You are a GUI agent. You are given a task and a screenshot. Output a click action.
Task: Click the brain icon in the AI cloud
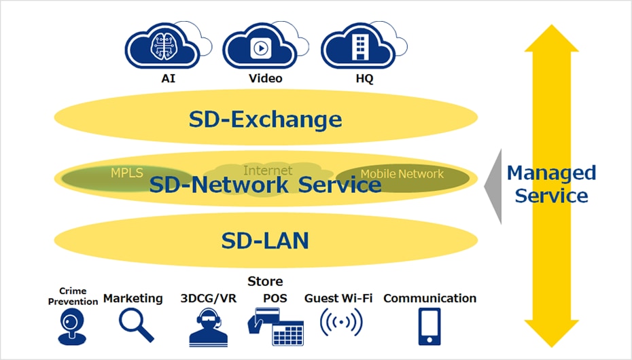click(163, 46)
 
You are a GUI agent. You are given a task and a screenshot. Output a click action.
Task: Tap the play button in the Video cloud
click(261, 48)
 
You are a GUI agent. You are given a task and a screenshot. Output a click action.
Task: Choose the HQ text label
click(364, 78)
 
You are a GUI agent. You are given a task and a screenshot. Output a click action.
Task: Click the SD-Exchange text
click(265, 119)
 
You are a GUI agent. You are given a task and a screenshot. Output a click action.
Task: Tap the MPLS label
click(127, 173)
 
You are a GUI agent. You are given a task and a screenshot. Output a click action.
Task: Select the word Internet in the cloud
click(268, 170)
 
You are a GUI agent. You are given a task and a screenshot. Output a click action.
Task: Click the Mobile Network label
click(402, 174)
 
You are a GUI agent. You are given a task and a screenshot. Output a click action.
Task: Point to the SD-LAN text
click(265, 241)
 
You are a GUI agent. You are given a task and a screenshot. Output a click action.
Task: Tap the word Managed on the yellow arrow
click(551, 173)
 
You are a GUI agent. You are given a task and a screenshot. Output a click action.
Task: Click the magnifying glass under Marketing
click(136, 325)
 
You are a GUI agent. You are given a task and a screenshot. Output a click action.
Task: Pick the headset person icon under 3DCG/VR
click(209, 327)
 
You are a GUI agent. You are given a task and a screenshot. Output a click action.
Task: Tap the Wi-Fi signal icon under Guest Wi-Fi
click(341, 322)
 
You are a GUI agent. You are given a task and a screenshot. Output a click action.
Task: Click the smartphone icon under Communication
click(429, 327)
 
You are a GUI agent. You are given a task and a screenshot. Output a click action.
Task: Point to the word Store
click(265, 281)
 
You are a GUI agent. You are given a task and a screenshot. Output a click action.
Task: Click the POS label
click(275, 298)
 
